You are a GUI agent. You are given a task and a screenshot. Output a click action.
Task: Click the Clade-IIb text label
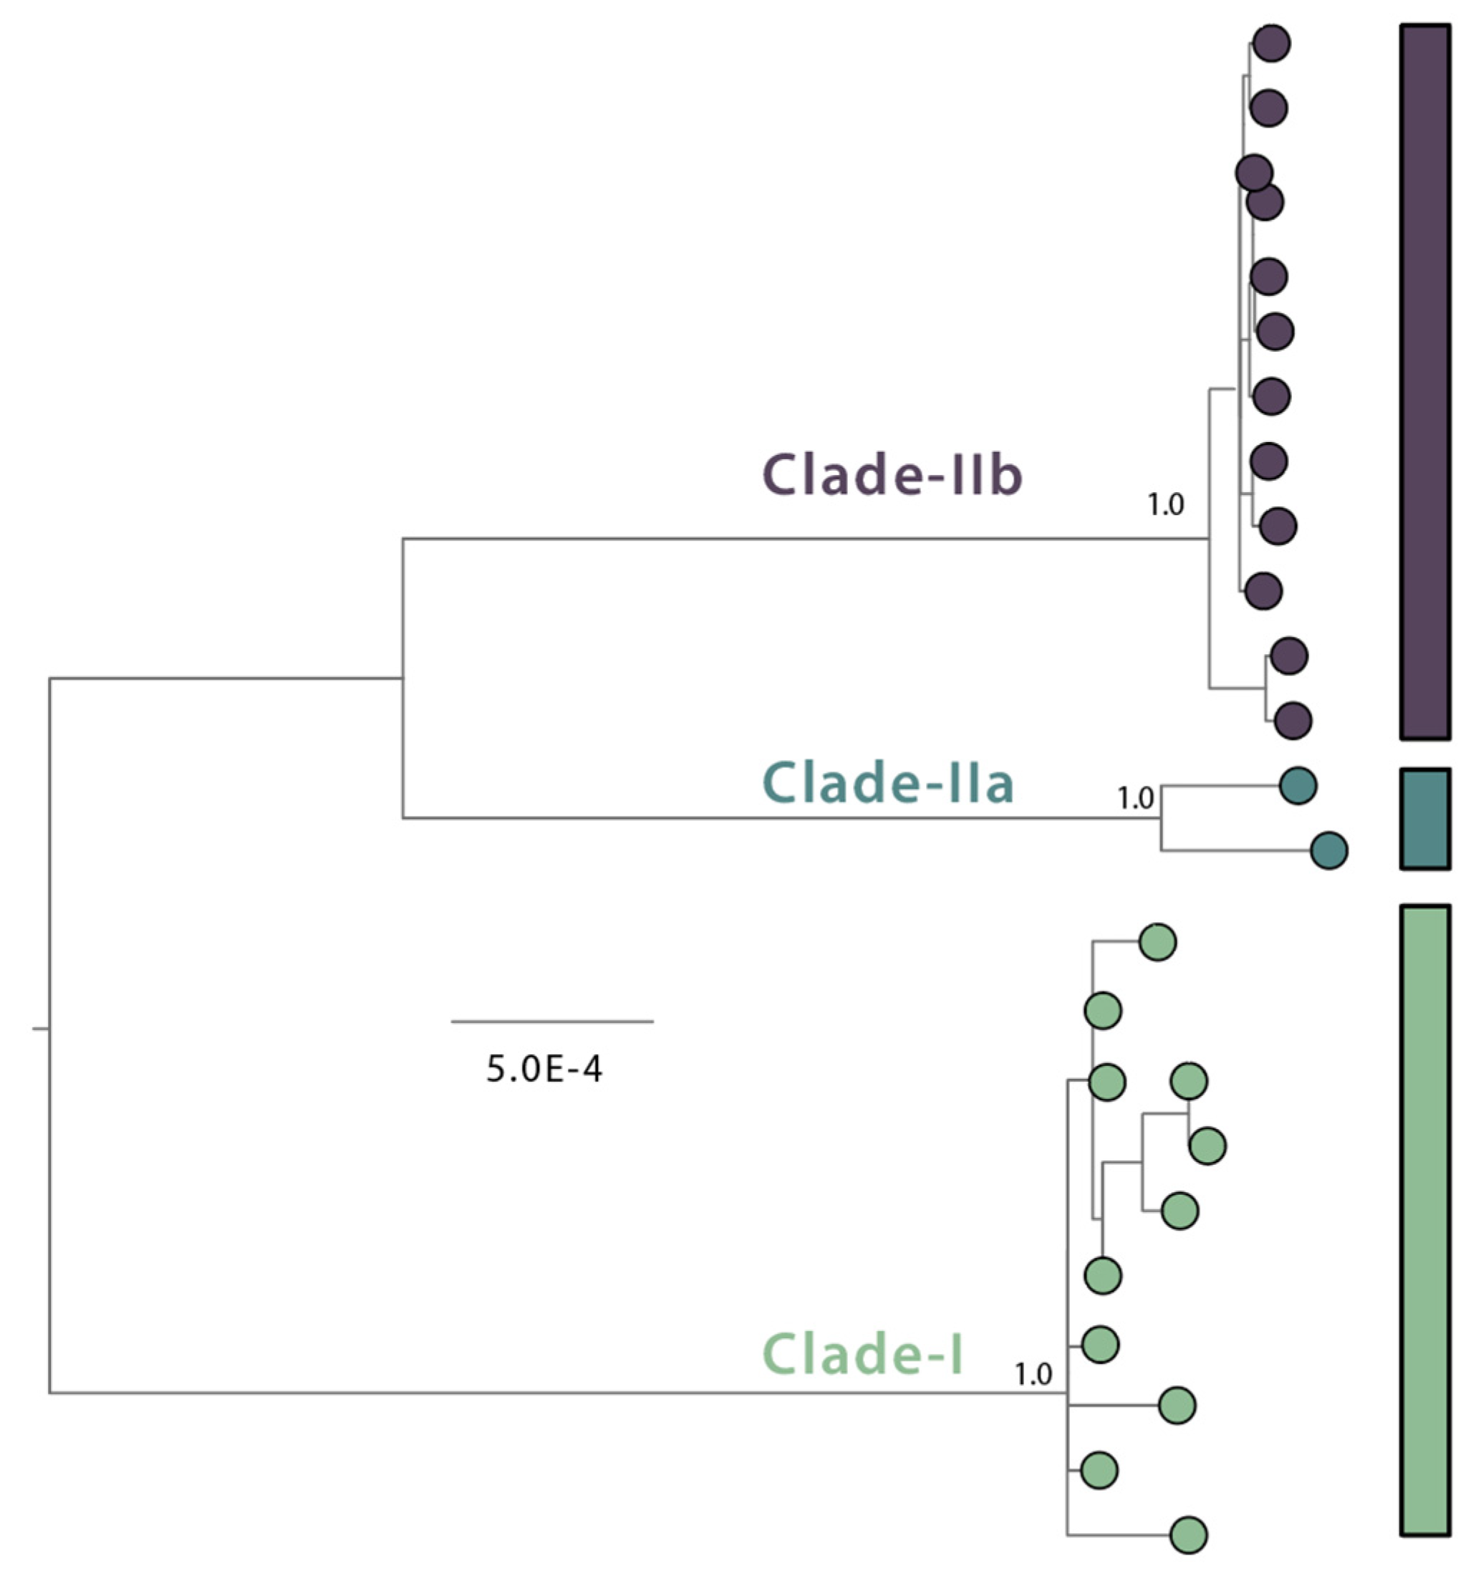(893, 475)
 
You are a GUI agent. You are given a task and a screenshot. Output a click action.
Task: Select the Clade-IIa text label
(888, 783)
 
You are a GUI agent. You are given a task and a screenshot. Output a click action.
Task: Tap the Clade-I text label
(863, 1354)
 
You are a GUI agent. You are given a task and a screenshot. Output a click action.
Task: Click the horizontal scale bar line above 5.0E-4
(551, 1021)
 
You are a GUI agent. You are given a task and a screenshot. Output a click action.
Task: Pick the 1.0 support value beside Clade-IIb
(1165, 504)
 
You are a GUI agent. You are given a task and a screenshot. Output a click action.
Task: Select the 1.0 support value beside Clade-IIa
(1134, 799)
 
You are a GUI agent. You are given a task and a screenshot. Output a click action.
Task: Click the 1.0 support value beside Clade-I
(1033, 1375)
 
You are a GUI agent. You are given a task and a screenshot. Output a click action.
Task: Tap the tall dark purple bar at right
(1425, 382)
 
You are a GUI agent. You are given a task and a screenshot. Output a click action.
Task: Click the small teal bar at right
(1425, 819)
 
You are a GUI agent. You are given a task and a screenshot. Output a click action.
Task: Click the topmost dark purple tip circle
(1271, 44)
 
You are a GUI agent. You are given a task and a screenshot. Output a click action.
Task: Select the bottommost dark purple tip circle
(1293, 721)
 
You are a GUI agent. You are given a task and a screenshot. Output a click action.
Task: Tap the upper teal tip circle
(1298, 785)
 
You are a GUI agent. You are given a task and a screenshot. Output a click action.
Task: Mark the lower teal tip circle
(1329, 850)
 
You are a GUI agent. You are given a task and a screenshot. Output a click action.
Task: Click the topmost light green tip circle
(1157, 942)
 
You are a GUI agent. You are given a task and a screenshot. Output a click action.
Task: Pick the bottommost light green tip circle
(1188, 1535)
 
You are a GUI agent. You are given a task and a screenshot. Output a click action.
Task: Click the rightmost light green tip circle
(1207, 1146)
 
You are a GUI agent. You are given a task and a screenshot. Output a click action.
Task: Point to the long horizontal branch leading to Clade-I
(553, 1393)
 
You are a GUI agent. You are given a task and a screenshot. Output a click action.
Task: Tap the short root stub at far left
(40, 1029)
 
